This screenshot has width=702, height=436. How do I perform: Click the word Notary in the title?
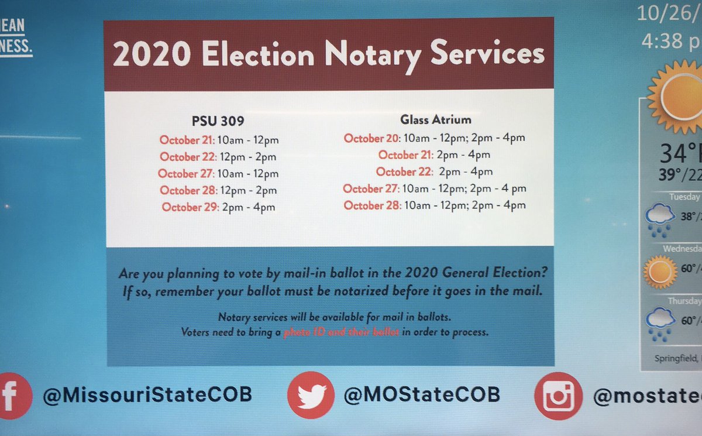373,54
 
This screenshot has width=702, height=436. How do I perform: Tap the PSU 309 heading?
218,122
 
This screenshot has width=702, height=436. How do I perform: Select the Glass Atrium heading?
436,120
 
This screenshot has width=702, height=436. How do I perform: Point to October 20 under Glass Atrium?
371,138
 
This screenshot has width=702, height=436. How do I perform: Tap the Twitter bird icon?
311,394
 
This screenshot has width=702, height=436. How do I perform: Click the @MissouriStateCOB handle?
147,394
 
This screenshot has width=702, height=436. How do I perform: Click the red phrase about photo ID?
341,332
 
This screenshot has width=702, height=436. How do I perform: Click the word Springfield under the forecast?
673,357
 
